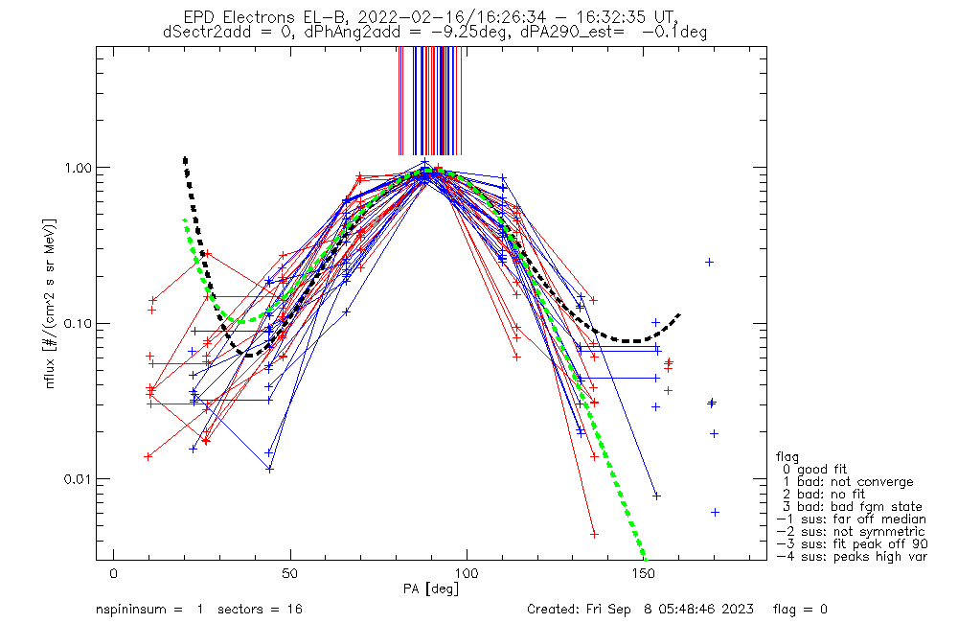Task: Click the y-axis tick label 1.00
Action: pos(76,168)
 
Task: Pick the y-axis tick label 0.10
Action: pos(76,323)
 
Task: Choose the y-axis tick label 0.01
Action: pos(76,479)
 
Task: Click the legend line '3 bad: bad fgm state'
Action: pos(849,506)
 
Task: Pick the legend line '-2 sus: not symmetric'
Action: pos(851,531)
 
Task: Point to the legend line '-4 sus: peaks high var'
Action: pos(852,556)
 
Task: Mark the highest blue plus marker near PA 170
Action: pos(709,262)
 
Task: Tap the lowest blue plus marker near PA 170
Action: pos(715,512)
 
